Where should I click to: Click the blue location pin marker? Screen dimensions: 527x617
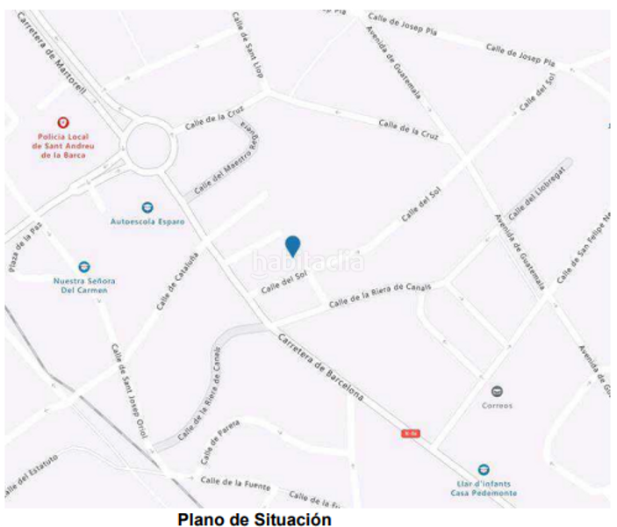click(293, 246)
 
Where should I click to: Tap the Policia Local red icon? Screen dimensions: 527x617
click(62, 123)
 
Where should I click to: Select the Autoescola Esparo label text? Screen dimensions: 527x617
click(147, 222)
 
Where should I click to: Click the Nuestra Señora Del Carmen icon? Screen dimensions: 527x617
click(84, 266)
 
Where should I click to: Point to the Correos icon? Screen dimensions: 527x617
click(497, 391)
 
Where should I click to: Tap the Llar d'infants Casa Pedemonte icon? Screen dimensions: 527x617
click(484, 470)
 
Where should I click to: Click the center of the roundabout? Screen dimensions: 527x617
click(147, 142)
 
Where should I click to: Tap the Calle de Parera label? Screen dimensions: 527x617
click(219, 435)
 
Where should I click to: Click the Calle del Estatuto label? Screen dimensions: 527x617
click(32, 473)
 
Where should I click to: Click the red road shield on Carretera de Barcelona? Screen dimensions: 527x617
click(409, 433)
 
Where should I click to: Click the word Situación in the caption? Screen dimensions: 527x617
click(294, 519)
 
